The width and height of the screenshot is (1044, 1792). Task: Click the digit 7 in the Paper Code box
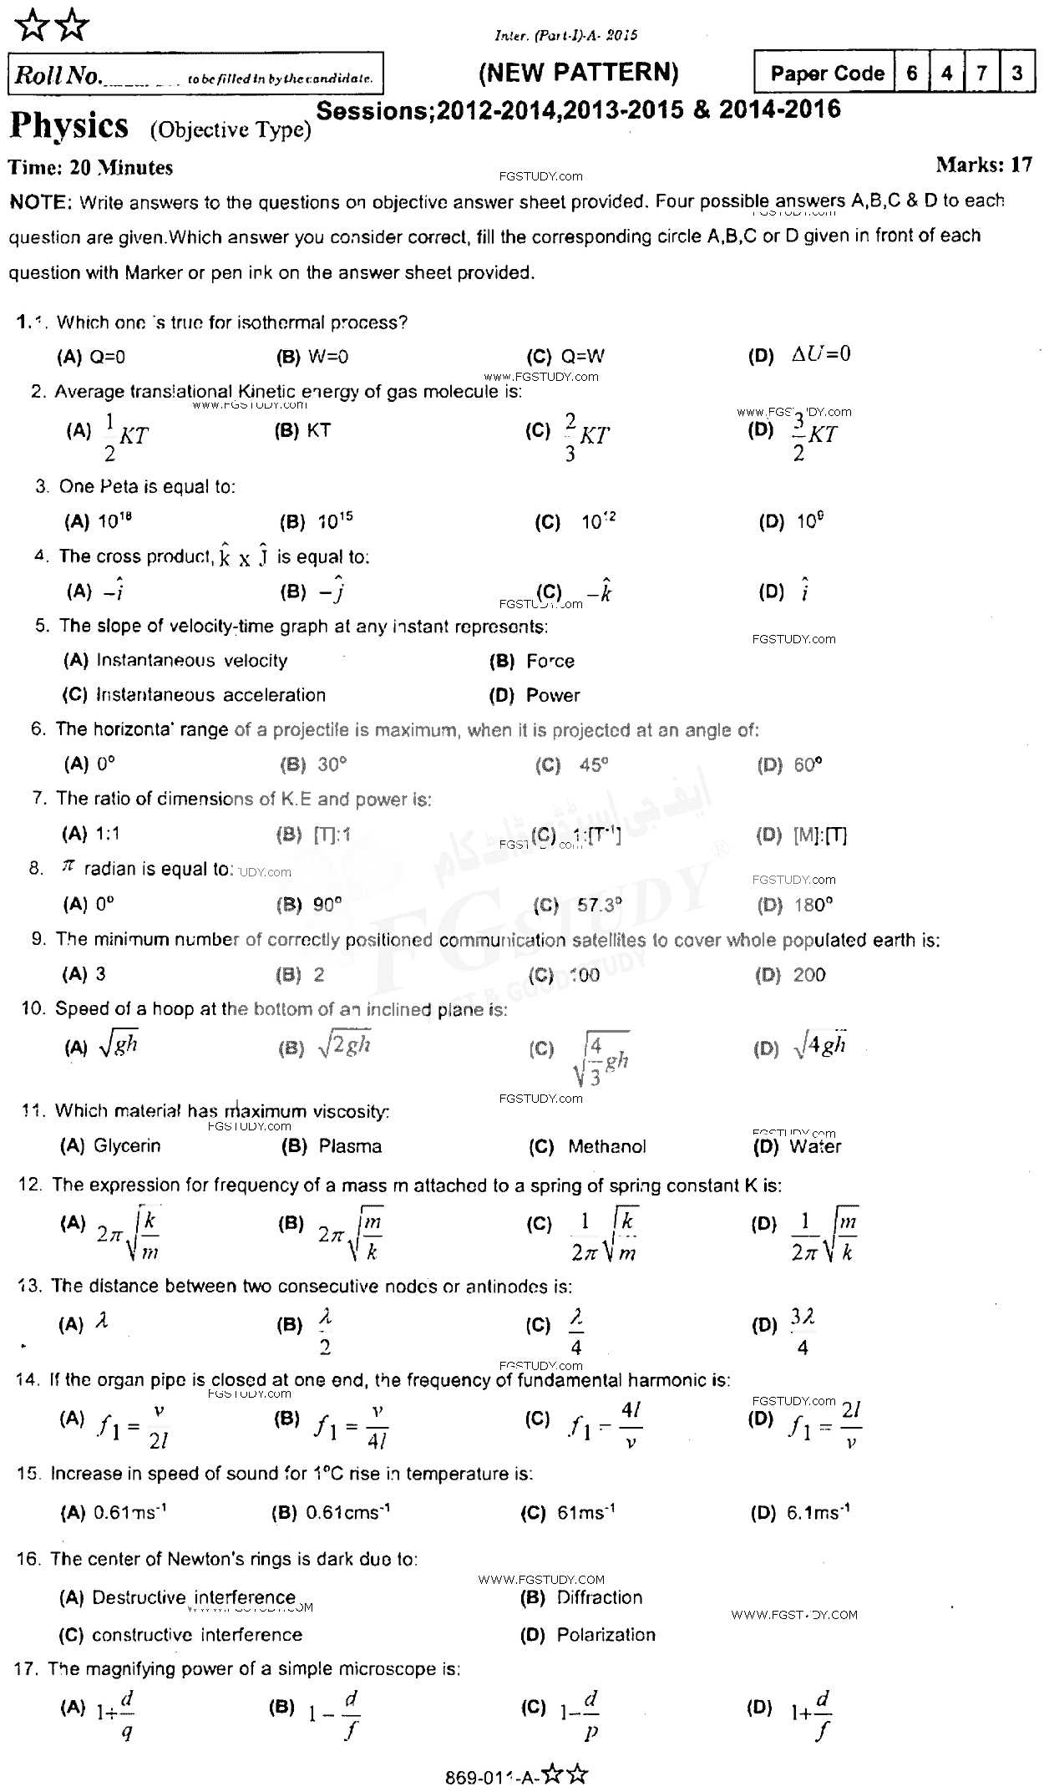[981, 73]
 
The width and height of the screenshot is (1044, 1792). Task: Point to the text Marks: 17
[984, 165]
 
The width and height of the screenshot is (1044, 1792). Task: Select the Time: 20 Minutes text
[90, 167]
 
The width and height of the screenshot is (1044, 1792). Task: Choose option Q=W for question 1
[582, 357]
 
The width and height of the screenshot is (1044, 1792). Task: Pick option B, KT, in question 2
[318, 430]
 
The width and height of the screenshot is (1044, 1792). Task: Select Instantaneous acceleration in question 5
[210, 695]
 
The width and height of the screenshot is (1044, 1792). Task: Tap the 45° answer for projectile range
[593, 765]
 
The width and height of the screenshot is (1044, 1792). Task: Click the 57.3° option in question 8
[600, 905]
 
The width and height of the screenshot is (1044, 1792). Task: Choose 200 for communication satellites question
[809, 974]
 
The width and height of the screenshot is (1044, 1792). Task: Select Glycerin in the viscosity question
[127, 1146]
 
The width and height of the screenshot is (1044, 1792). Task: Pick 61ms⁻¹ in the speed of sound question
[585, 1512]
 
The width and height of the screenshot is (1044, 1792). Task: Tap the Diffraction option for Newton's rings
[599, 1597]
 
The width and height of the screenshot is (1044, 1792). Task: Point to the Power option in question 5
[552, 695]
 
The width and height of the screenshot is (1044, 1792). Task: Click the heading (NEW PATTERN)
[578, 73]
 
